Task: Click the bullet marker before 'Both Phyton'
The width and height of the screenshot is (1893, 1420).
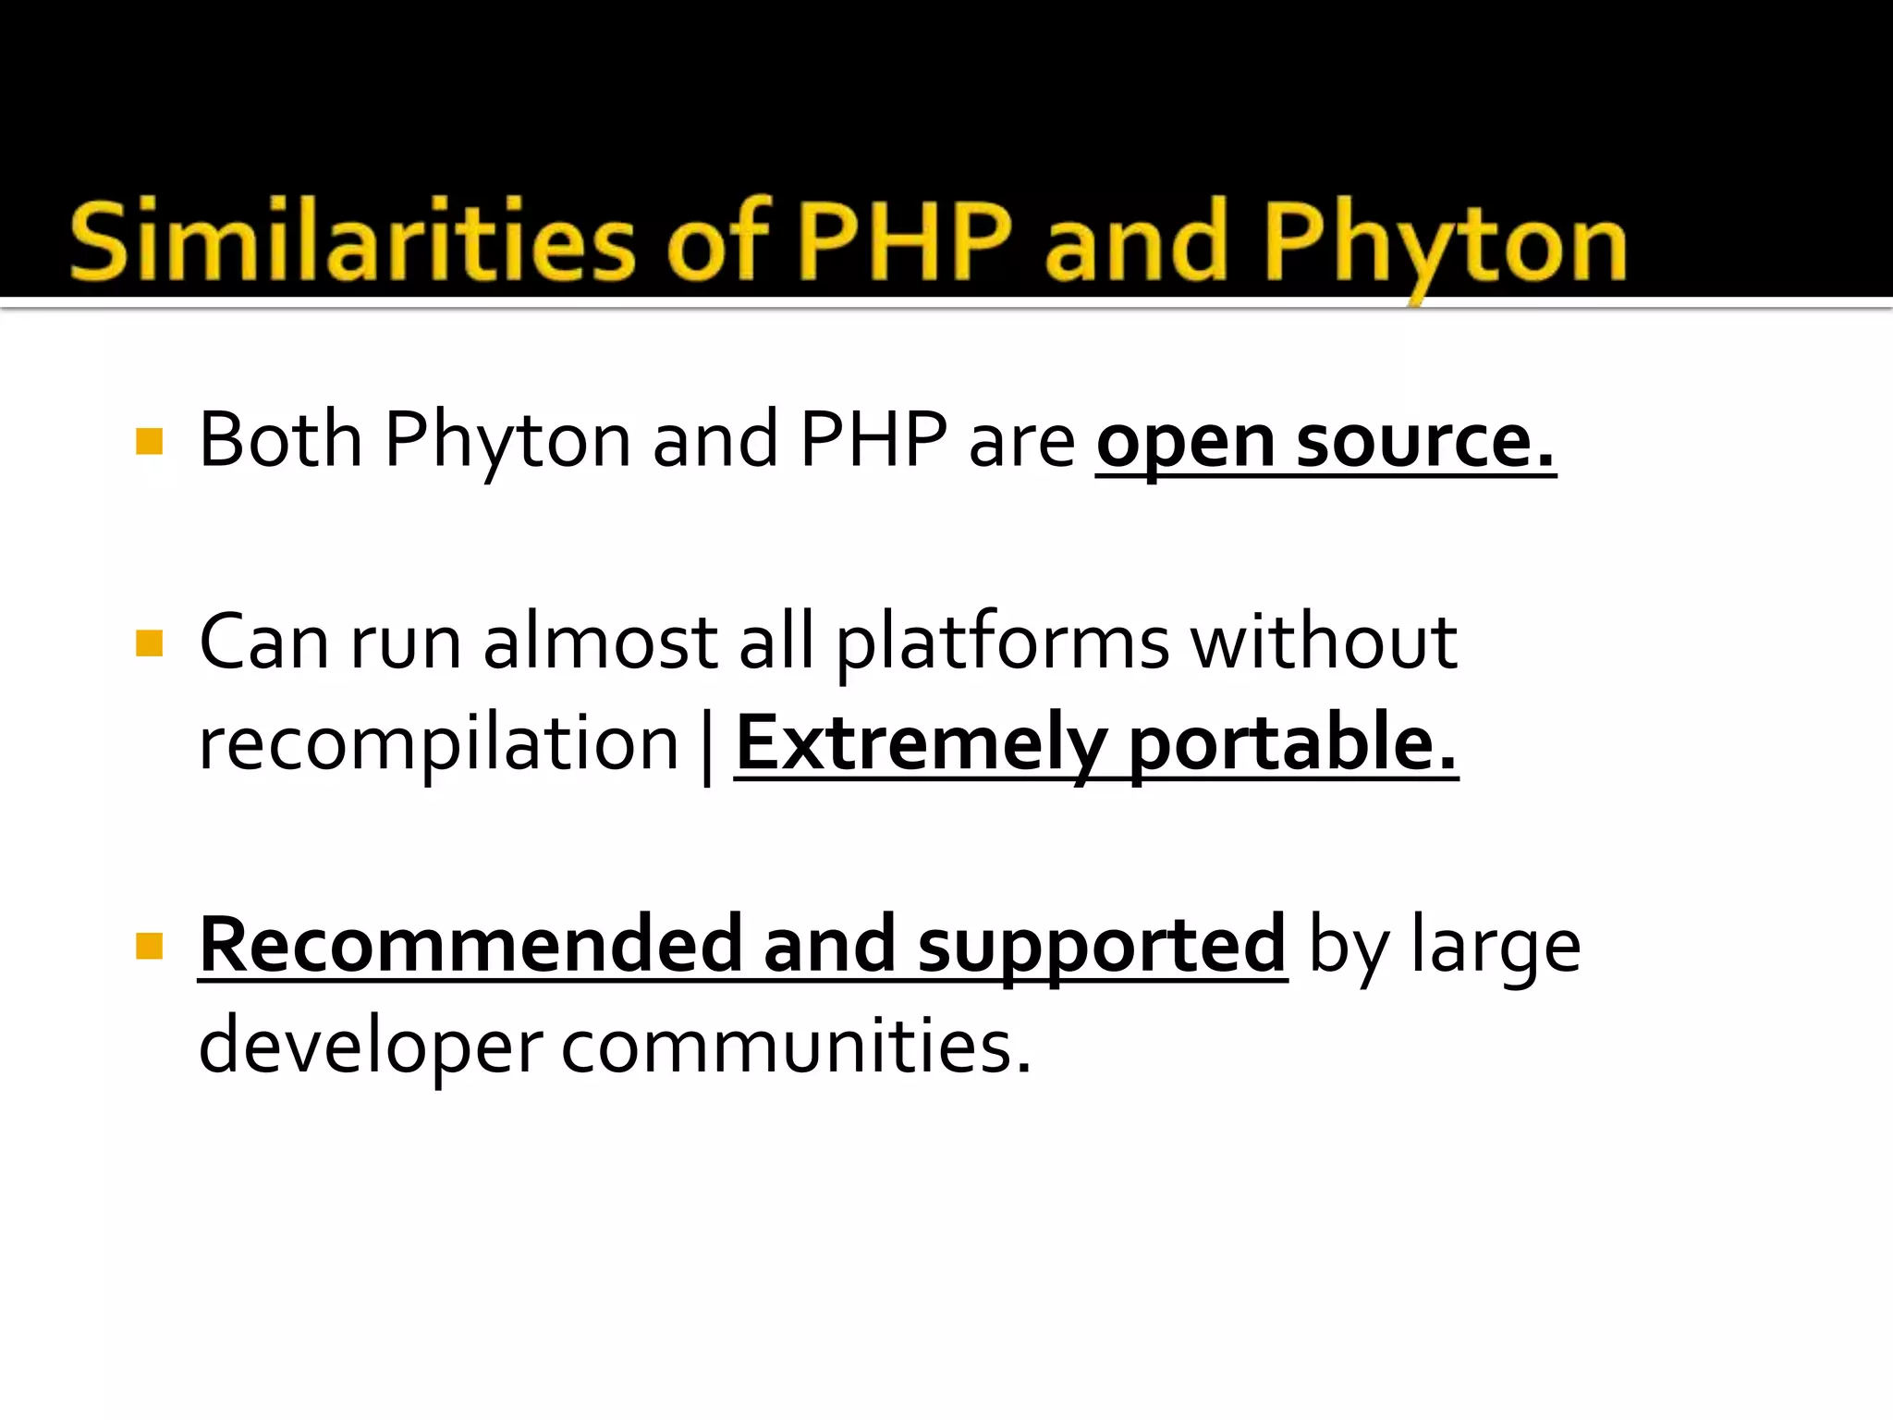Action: point(149,442)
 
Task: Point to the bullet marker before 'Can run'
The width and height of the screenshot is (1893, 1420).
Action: point(149,643)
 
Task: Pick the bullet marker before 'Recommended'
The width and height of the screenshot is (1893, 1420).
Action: point(149,946)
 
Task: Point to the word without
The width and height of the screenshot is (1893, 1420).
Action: point(1324,643)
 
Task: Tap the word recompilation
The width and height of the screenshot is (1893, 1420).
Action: point(439,745)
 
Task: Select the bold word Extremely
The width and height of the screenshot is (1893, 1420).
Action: point(921,745)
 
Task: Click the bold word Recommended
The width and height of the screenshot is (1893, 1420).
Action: point(470,945)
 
